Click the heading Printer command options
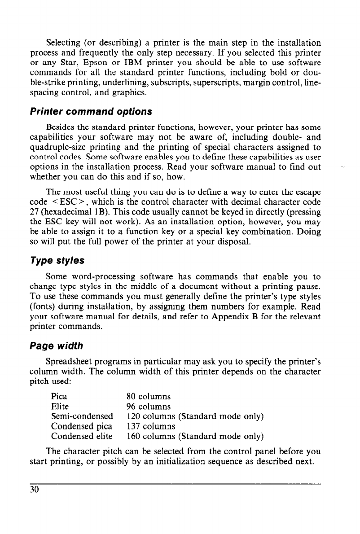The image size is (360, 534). coord(99,111)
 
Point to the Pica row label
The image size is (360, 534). coord(60,397)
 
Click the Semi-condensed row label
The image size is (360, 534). coord(82,417)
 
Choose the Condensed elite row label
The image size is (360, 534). coord(81,436)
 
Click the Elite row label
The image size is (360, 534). coord(60,407)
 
